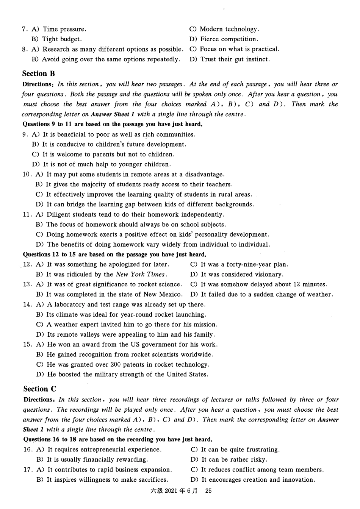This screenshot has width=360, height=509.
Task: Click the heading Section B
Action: point(38,73)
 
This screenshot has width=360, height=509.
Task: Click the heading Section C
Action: point(39,389)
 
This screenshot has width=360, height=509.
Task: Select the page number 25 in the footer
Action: point(208,491)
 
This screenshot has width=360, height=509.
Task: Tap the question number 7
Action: point(24,29)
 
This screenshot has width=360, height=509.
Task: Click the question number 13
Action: point(27,284)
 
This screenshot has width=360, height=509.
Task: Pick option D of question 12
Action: point(237,275)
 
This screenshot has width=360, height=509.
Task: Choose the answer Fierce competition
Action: point(229,39)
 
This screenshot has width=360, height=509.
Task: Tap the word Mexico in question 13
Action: point(171,295)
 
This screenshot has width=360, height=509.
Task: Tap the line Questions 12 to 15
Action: point(114,254)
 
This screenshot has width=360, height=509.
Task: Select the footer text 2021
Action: point(171,491)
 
